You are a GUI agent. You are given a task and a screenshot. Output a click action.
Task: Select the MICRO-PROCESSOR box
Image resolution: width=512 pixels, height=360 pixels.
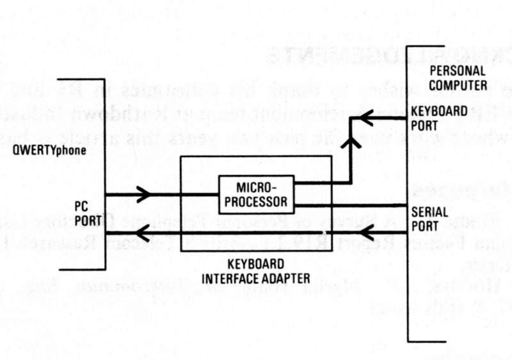coord(257,195)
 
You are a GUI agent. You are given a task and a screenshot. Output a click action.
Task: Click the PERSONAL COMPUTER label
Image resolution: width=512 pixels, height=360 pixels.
coord(458,77)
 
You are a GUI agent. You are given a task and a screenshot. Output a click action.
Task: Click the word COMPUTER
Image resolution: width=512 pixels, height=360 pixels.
coord(458,84)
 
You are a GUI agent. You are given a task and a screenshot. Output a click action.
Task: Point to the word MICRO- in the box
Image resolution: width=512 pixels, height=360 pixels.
coord(256,188)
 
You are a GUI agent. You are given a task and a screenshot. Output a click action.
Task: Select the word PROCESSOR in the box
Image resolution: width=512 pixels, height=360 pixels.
coord(257,202)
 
